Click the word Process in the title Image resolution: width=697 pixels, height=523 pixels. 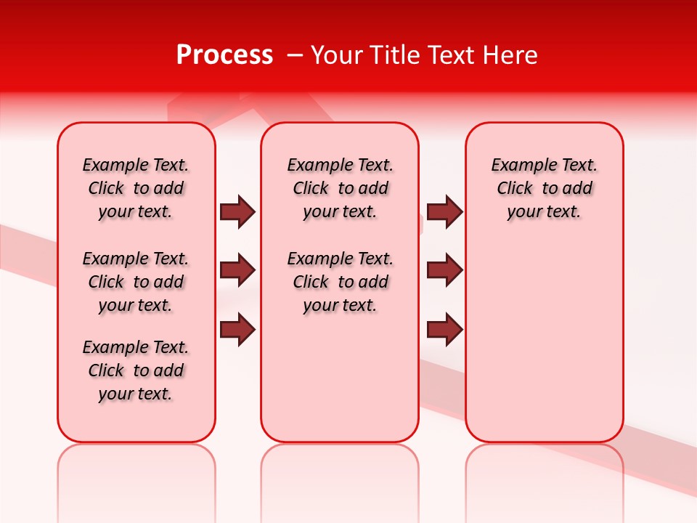tap(224, 55)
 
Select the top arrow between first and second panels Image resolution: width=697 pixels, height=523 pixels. tap(237, 211)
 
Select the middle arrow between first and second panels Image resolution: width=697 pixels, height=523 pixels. tap(237, 271)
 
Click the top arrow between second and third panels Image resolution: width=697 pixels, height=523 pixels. tap(444, 211)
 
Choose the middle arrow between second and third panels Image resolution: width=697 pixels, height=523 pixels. tap(444, 271)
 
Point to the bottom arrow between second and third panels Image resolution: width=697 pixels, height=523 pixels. tap(444, 329)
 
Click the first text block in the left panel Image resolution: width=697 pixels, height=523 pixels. tap(136, 188)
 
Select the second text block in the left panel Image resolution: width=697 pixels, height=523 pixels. tap(136, 282)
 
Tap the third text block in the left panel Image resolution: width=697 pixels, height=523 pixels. tap(136, 370)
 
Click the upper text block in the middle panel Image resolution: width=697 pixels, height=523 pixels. tap(341, 188)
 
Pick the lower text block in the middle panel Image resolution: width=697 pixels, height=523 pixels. tap(341, 282)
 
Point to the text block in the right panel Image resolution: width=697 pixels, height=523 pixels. tap(545, 188)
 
